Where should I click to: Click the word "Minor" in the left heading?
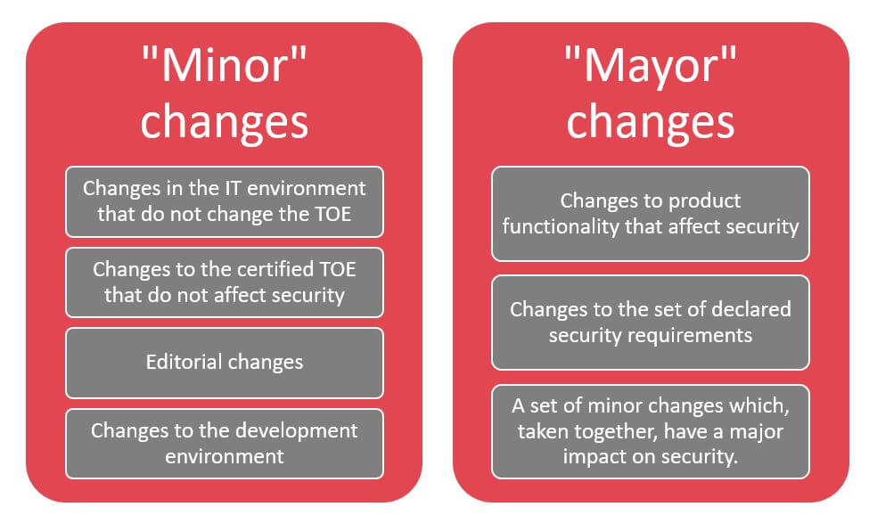224,66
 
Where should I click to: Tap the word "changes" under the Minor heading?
224,123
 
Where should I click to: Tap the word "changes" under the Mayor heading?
651,123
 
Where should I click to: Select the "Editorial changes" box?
225,363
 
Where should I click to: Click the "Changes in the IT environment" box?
225,201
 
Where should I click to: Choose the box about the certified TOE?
225,282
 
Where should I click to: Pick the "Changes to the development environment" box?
225,444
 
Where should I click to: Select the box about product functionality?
651,214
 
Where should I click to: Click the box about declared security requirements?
651,323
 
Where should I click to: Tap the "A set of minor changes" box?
651,431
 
